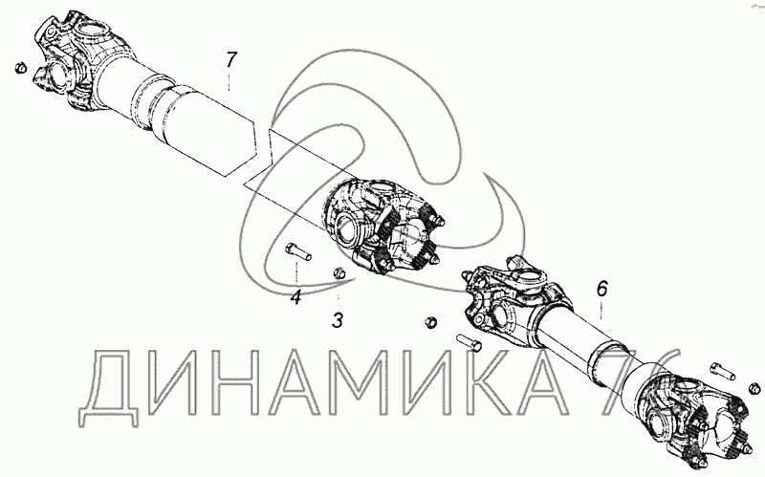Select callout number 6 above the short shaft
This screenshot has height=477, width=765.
pyautogui.click(x=602, y=290)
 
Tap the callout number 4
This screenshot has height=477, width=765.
pyautogui.click(x=296, y=296)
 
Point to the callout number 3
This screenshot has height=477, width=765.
pyautogui.click(x=338, y=320)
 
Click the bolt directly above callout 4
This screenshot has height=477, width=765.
pyautogui.click(x=297, y=251)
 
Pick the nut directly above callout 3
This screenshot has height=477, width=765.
pyautogui.click(x=338, y=273)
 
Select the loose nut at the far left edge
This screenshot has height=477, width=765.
pyautogui.click(x=20, y=68)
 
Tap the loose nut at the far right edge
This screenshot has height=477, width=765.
pyautogui.click(x=754, y=388)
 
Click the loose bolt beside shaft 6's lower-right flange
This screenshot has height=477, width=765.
pyautogui.click(x=722, y=370)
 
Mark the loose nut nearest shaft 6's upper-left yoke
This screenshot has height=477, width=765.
pyautogui.click(x=430, y=322)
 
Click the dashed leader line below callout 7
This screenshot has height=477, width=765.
pyautogui.click(x=229, y=80)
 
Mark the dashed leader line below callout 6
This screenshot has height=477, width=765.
pyautogui.click(x=601, y=311)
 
